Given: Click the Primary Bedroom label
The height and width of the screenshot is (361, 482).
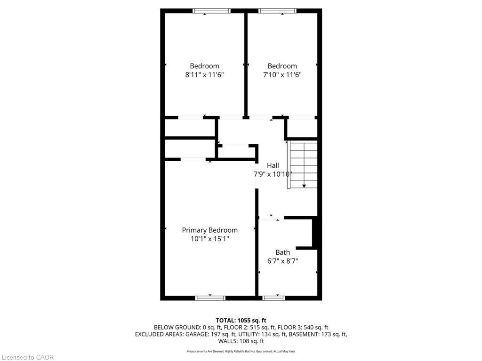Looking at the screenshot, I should (x=209, y=230).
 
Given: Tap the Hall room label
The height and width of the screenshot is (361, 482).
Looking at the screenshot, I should (x=273, y=165).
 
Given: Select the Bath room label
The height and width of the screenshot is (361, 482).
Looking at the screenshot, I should (x=282, y=252).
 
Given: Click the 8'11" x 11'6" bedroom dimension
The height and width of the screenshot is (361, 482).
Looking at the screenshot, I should (x=204, y=75).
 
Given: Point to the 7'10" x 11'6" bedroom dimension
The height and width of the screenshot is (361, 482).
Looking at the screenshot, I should (x=282, y=75).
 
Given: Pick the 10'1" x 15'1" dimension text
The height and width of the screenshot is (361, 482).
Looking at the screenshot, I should (x=209, y=239).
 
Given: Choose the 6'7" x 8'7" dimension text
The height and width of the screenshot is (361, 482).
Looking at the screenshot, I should (x=282, y=261).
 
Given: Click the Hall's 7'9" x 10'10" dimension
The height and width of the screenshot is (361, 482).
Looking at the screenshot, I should (x=273, y=174).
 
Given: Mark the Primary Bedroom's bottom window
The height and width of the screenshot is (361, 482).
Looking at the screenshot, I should (x=210, y=298).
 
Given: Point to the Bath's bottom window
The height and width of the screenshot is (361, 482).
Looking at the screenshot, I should (x=274, y=298).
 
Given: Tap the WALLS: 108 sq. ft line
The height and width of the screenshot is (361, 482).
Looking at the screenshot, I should (x=241, y=341).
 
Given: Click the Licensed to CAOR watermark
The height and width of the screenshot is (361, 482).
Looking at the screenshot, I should (x=27, y=357).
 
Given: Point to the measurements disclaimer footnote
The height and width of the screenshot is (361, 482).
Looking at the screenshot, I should (x=241, y=351).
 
